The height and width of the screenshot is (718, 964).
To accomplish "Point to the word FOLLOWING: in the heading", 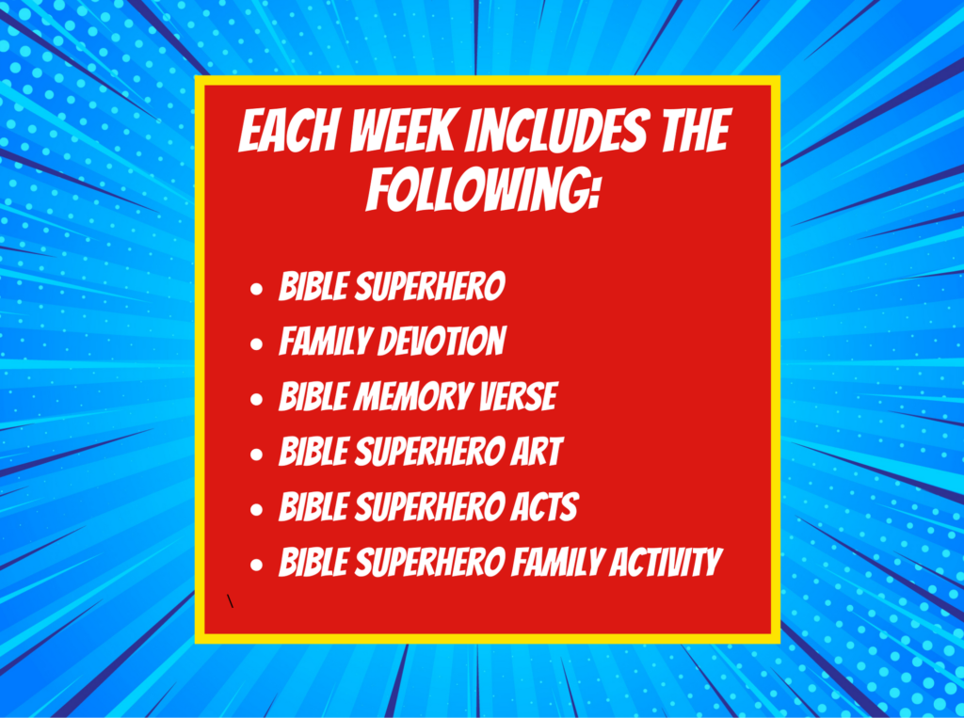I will tap(483, 189).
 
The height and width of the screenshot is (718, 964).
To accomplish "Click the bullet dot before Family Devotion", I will tap(256, 345).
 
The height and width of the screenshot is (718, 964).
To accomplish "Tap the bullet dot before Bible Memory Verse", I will tap(256, 400).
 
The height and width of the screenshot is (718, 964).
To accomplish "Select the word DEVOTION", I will tap(442, 343).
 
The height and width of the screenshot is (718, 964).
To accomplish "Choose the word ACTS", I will tap(545, 508).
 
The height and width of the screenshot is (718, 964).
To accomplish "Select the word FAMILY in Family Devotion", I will tap(324, 343).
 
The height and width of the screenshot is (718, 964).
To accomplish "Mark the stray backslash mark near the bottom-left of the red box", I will tap(231, 598).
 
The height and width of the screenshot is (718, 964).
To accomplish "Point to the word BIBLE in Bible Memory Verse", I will tap(311, 397).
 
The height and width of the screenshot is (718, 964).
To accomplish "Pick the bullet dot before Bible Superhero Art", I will tap(256, 455).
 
